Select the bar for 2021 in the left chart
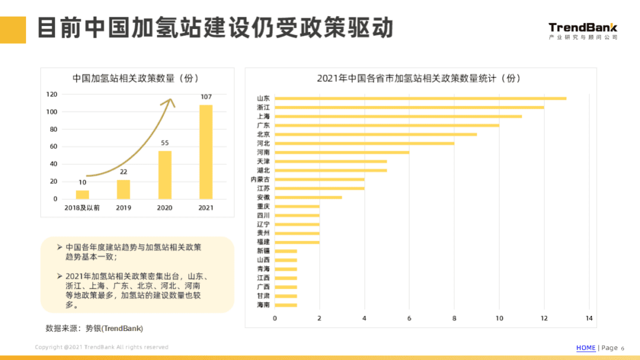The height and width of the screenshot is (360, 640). [x=206, y=152]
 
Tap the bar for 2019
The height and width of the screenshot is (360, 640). [x=123, y=189]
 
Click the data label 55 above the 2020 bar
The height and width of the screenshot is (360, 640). [x=165, y=143]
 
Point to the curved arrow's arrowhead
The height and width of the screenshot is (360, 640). [x=170, y=102]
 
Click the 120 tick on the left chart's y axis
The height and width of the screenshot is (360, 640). [x=52, y=94]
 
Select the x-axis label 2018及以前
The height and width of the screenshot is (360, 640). [x=82, y=208]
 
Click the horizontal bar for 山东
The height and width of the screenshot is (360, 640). [x=420, y=98]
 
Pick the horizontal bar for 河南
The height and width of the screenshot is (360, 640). [x=342, y=152]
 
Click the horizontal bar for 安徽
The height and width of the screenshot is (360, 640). [x=308, y=197]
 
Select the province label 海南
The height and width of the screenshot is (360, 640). [x=263, y=305]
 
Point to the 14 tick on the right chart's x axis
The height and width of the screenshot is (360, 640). [x=588, y=318]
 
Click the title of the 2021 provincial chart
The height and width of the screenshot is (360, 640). [x=418, y=78]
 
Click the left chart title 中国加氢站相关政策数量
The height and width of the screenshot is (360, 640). [x=136, y=78]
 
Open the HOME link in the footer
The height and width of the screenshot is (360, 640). [x=585, y=348]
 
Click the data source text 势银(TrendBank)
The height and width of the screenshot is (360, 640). [x=114, y=328]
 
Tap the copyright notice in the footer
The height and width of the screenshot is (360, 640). [x=101, y=347]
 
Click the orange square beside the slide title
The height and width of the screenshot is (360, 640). [x=13, y=30]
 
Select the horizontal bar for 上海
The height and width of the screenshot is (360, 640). [x=398, y=116]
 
